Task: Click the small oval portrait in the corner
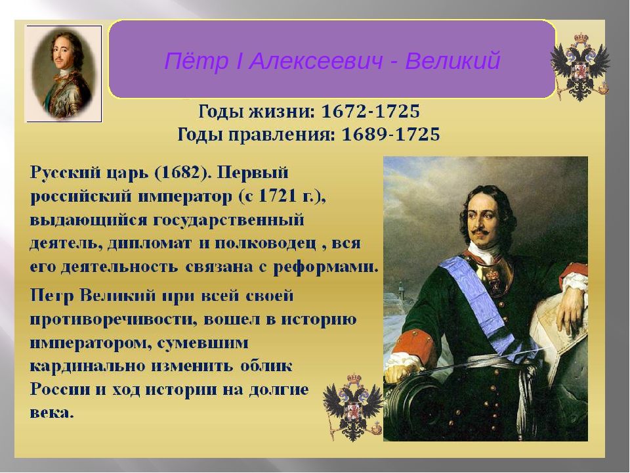click(x=64, y=74)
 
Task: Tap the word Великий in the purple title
click(x=452, y=60)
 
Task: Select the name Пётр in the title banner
click(x=196, y=60)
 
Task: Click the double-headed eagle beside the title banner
click(x=580, y=67)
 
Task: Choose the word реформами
click(x=326, y=267)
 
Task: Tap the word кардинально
click(x=88, y=367)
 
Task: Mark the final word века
click(x=52, y=413)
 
